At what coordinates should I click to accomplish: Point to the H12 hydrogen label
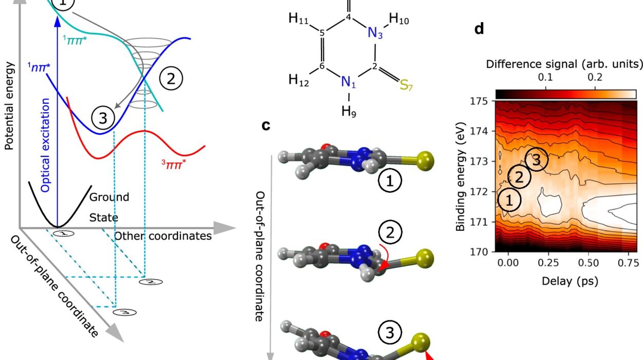point(299,80)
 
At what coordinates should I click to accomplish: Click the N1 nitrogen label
point(349,82)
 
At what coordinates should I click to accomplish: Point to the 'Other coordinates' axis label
point(163,236)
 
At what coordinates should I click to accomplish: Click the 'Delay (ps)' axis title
point(564,281)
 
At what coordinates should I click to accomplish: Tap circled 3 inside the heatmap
point(536,160)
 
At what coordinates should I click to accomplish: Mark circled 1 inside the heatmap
point(509,200)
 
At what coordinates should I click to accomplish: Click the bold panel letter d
point(479,29)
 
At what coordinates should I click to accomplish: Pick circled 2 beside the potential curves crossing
point(171,79)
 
